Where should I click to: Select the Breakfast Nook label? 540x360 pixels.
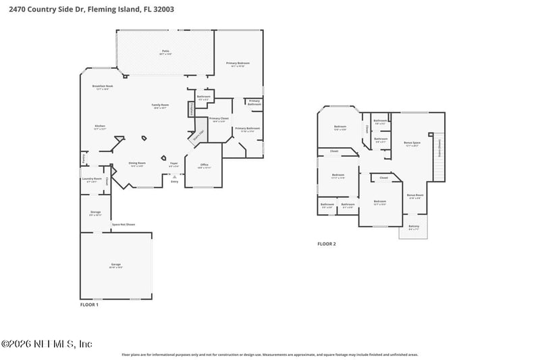click(x=103, y=87)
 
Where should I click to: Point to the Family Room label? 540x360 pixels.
click(x=160, y=106)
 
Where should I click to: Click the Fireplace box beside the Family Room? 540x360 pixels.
click(x=192, y=108)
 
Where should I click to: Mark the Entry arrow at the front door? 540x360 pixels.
click(x=174, y=178)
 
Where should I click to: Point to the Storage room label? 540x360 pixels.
click(x=95, y=213)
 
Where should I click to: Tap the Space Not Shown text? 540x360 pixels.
click(x=124, y=224)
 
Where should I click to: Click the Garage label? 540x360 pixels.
click(x=115, y=265)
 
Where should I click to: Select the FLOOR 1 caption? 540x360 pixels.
click(x=89, y=305)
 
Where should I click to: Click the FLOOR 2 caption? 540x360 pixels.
click(x=327, y=244)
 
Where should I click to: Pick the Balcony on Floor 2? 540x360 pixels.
click(x=414, y=228)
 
